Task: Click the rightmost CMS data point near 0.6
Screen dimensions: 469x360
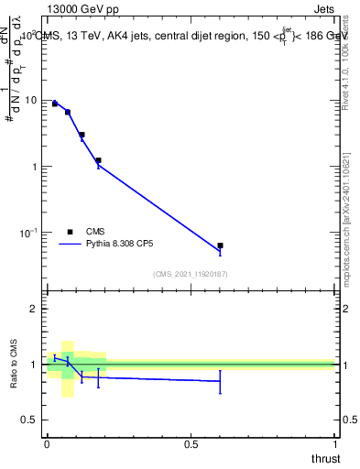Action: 220,245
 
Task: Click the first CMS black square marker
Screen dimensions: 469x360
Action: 55,104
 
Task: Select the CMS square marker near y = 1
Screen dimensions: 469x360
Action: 98,160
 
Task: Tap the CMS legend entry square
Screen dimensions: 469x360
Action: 70,232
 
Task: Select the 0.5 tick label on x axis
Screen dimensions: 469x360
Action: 191,444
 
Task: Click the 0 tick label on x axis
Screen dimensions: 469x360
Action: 47,444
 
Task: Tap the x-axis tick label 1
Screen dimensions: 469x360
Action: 334,444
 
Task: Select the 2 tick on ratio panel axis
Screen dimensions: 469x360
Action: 34,309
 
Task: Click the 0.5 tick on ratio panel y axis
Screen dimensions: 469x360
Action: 29,420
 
